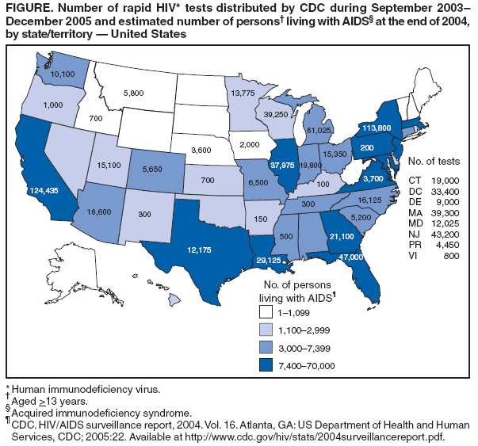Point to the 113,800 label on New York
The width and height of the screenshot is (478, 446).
377,127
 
